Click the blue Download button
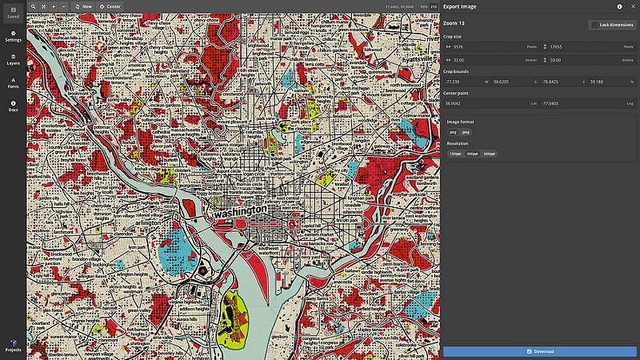click(x=540, y=351)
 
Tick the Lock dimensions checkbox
click(x=594, y=25)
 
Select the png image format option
click(x=453, y=131)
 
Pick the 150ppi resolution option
click(x=455, y=153)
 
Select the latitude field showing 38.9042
click(x=488, y=103)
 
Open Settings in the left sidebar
click(x=13, y=36)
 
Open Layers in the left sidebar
click(x=13, y=59)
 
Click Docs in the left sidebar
click(x=13, y=106)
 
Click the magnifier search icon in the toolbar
click(x=34, y=6)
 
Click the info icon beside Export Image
click(x=619, y=6)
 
